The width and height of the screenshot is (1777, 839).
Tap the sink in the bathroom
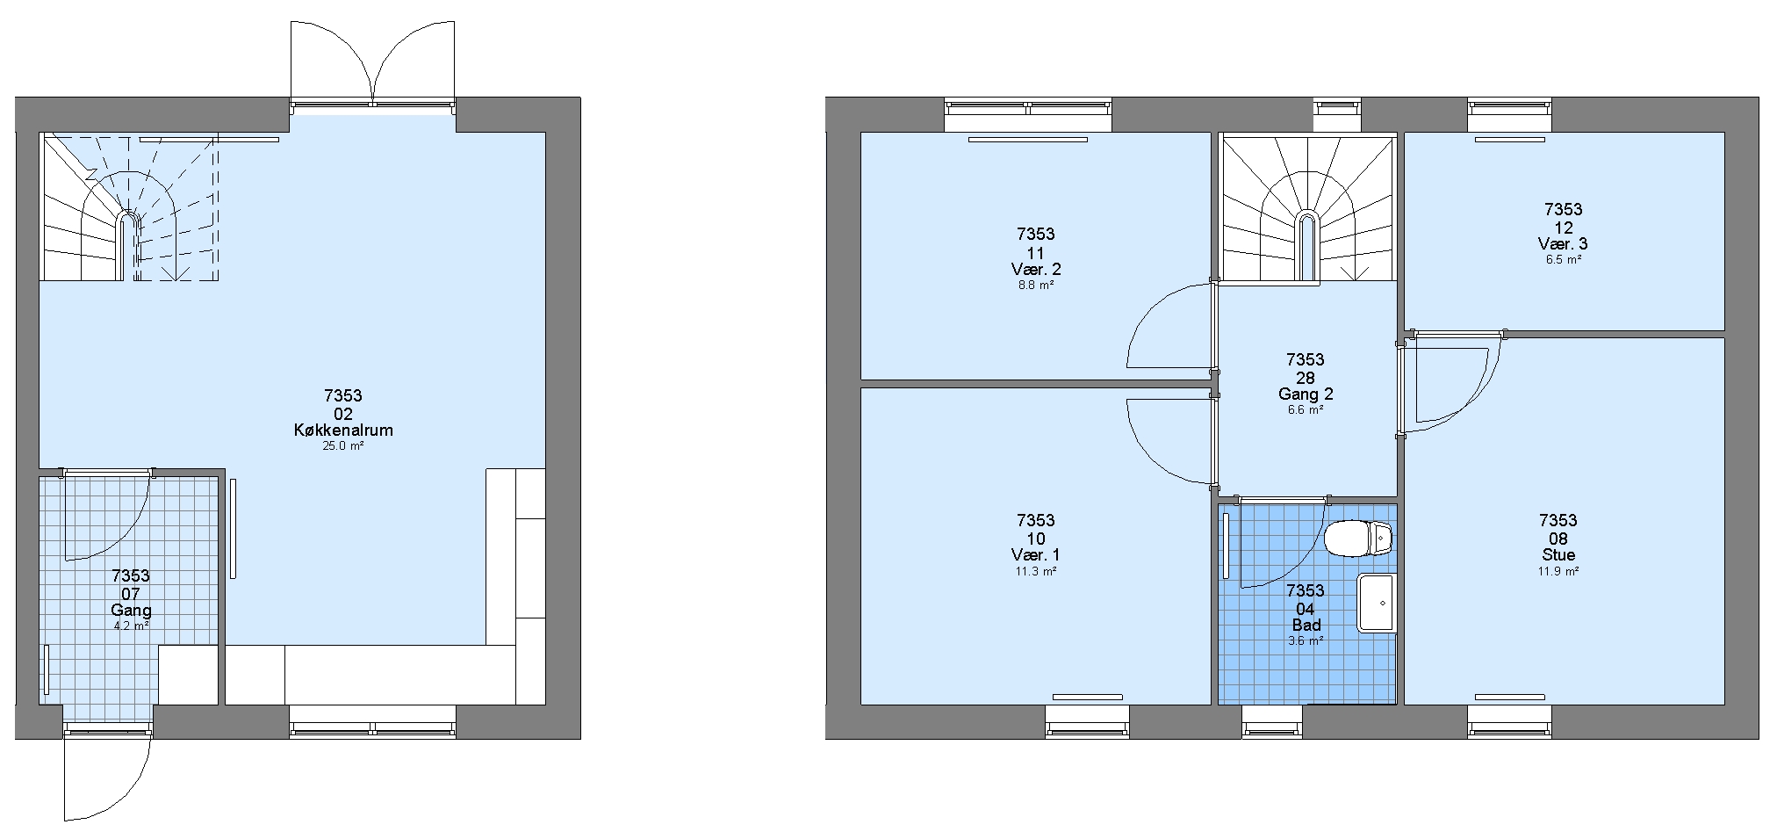1377,604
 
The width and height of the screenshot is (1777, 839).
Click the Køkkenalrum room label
343,430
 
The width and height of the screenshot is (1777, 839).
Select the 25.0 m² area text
343,446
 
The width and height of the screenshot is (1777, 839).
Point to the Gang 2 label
1306,394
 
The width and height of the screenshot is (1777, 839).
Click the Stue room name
1558,555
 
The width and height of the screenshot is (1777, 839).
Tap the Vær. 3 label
1563,244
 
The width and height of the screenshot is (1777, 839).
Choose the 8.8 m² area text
1036,286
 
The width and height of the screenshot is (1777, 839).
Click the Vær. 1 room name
1036,555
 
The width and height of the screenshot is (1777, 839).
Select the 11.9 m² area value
1558,571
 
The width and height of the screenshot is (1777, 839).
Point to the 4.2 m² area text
132,626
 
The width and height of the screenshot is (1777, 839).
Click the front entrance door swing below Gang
106,772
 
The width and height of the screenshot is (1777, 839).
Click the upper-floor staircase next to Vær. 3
1308,210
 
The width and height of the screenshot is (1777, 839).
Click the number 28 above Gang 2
1306,378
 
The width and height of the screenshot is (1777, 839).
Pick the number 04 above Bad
1306,609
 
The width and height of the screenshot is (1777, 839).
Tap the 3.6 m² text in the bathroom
1306,641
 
